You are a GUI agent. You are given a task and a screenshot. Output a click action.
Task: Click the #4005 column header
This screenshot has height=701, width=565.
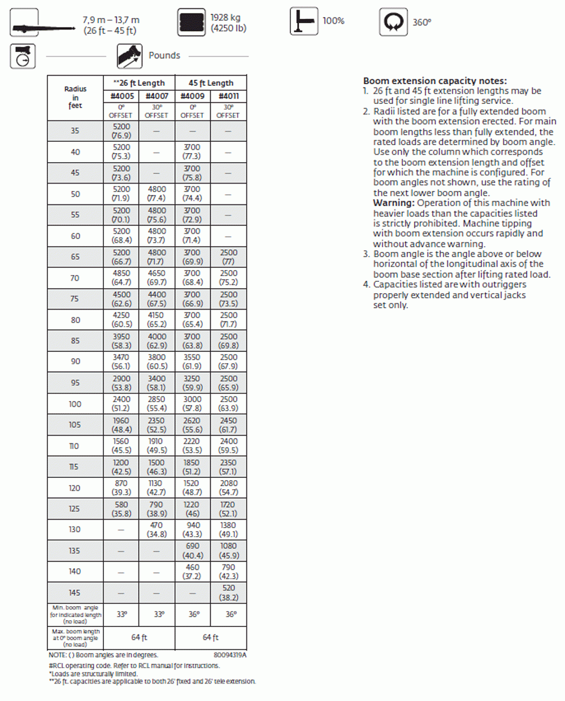(x=121, y=96)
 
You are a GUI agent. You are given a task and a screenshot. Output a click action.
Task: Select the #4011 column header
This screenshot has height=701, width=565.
(x=228, y=96)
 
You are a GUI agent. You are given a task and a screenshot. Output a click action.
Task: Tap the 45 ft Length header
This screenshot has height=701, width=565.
(x=211, y=82)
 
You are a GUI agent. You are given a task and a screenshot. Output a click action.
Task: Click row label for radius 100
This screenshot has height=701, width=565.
(x=75, y=404)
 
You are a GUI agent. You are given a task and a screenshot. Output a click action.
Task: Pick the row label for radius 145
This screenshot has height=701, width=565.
(x=75, y=593)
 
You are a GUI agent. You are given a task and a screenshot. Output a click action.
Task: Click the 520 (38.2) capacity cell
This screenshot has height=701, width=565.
(x=228, y=593)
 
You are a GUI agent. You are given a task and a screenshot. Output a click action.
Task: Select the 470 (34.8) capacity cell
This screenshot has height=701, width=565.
(x=157, y=529)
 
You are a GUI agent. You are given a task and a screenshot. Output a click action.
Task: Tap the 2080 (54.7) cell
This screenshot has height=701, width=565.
(x=228, y=487)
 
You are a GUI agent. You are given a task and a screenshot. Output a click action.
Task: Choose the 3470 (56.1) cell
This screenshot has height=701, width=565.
(x=121, y=362)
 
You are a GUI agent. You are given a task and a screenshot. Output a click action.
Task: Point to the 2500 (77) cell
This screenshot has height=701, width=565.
(x=228, y=257)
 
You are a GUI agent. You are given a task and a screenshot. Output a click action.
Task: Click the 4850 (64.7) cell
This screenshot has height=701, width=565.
(x=121, y=277)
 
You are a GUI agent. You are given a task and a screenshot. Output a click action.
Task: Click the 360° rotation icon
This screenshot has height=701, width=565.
(x=393, y=23)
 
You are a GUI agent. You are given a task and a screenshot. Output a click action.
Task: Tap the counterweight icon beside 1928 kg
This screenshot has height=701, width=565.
(x=192, y=23)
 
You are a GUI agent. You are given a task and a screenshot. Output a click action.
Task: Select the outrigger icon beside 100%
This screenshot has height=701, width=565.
(x=304, y=21)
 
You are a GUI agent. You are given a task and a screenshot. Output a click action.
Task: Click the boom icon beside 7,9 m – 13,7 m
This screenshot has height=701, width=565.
(x=25, y=23)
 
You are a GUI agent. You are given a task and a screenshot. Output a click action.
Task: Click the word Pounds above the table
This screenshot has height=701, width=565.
(x=164, y=55)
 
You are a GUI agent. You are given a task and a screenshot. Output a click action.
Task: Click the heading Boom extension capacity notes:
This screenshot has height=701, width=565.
(x=434, y=81)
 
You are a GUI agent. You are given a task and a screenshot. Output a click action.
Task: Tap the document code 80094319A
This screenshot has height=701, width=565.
(x=230, y=655)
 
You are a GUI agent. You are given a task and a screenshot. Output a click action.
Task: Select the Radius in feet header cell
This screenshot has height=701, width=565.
(x=75, y=97)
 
